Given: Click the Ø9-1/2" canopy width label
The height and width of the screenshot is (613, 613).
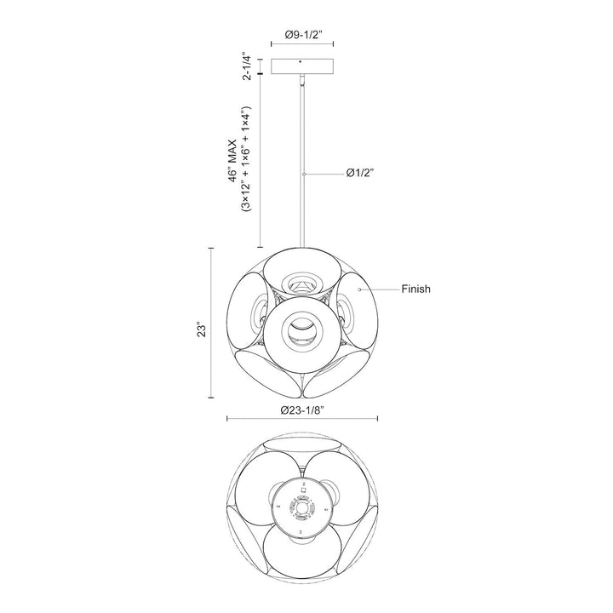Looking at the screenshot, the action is tap(303, 35).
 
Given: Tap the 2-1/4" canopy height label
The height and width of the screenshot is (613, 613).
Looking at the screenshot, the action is tap(247, 66).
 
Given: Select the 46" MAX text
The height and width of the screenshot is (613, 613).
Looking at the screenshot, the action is tap(234, 161).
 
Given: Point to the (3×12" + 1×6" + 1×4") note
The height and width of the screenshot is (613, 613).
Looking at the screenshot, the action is tap(245, 158).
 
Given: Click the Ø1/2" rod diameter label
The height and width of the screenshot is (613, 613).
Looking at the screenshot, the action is tap(360, 173).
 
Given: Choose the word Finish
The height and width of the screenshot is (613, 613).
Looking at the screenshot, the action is tap(416, 289).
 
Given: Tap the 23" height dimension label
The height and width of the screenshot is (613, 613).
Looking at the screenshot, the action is tap(202, 329).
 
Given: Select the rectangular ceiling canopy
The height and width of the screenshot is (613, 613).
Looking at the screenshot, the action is tap(302, 66).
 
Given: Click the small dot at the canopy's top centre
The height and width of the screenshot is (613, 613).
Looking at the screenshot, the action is tap(300, 61).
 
